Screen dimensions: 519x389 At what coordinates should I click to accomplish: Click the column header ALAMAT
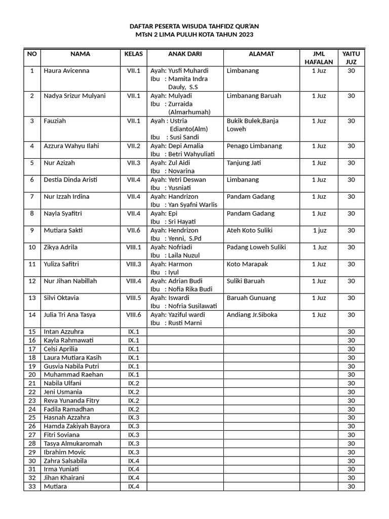(x=261, y=54)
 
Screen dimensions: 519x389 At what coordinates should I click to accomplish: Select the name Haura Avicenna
(x=66, y=71)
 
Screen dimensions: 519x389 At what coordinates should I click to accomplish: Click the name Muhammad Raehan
(x=73, y=375)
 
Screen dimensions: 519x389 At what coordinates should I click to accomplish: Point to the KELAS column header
(x=134, y=54)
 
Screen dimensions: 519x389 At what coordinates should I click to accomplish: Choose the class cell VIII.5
(x=134, y=298)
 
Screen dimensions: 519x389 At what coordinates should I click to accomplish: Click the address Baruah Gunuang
(x=251, y=298)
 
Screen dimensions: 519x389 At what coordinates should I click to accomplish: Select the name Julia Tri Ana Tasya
(x=70, y=315)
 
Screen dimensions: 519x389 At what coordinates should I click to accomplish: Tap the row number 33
(x=32, y=487)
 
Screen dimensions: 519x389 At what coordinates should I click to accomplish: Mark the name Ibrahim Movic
(x=65, y=452)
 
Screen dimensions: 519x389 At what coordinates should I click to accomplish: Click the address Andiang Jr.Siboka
(x=252, y=315)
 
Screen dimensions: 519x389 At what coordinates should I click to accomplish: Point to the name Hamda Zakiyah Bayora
(x=77, y=426)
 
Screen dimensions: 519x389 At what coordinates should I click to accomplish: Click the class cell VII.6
(x=134, y=231)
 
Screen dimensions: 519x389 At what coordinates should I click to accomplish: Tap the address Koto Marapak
(x=247, y=264)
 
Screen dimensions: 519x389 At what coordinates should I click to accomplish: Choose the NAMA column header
(x=81, y=54)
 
